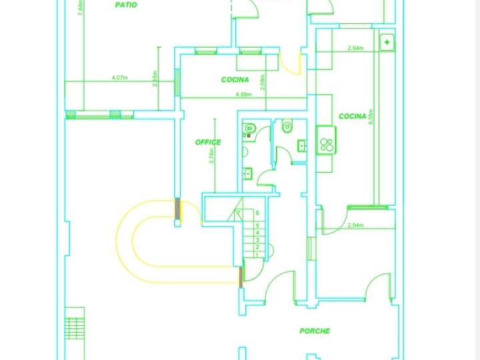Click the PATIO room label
126,5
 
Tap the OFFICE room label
208,142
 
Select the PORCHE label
315,331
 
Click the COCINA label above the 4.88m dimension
235,80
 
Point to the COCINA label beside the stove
352,117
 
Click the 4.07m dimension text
120,78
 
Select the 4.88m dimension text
243,95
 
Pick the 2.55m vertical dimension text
155,79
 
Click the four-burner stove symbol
326,145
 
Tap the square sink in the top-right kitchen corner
387,43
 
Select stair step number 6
257,213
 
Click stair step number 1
257,254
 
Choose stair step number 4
257,233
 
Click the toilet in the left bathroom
249,128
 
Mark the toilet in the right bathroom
287,126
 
